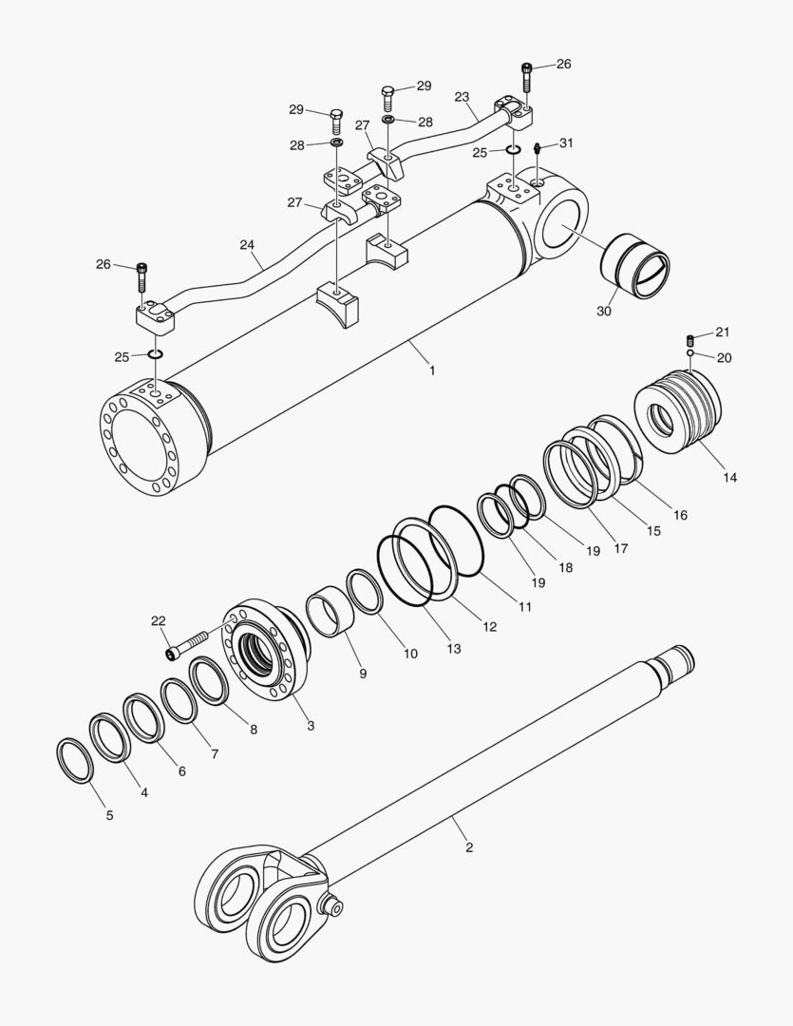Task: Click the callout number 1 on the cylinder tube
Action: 432,370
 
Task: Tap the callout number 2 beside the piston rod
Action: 468,845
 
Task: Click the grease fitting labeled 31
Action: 538,150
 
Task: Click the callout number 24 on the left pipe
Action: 247,245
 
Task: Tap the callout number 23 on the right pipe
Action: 463,97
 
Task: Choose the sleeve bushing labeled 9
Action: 328,612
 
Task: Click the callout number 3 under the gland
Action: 311,726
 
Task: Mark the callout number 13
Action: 454,649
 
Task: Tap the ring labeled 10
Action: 365,593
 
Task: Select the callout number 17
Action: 621,548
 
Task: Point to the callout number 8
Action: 254,730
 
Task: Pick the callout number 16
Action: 681,515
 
